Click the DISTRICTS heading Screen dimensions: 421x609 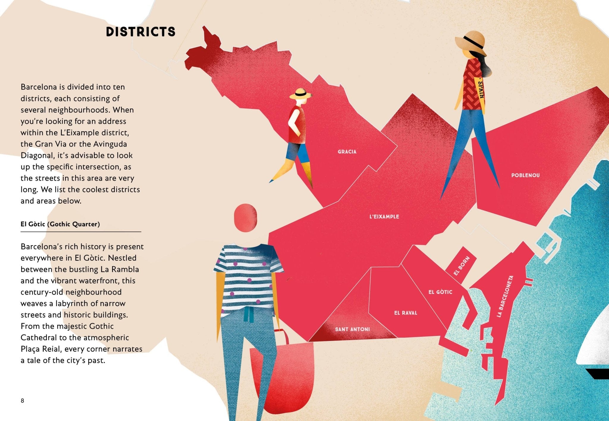pos(141,32)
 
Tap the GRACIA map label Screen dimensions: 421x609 pos(347,152)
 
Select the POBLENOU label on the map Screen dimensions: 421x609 pos(525,175)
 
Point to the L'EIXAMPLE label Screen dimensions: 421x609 pos(384,217)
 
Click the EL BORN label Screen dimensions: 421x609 pos(462,266)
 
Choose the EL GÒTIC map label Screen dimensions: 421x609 pos(440,292)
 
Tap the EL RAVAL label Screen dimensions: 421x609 pos(406,313)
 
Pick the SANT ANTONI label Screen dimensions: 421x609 pos(352,329)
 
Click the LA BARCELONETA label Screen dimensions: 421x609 pos(505,296)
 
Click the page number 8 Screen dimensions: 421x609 pos(22,400)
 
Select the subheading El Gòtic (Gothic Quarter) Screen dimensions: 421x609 pos(60,224)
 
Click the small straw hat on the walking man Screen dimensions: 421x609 pos(301,93)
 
